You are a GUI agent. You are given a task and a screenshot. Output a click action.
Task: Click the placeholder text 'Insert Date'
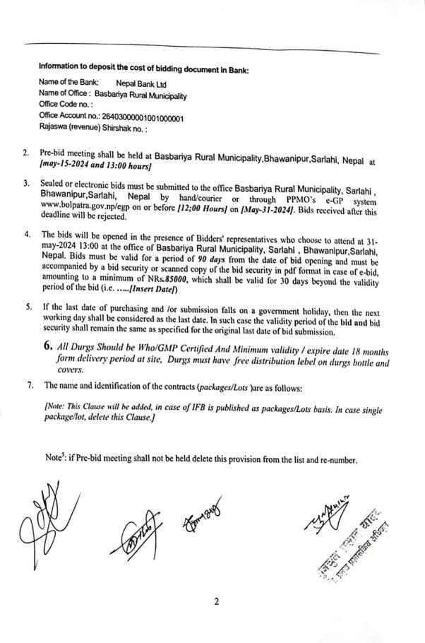point(157,290)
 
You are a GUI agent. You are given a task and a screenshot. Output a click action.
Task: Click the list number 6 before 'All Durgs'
point(49,347)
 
